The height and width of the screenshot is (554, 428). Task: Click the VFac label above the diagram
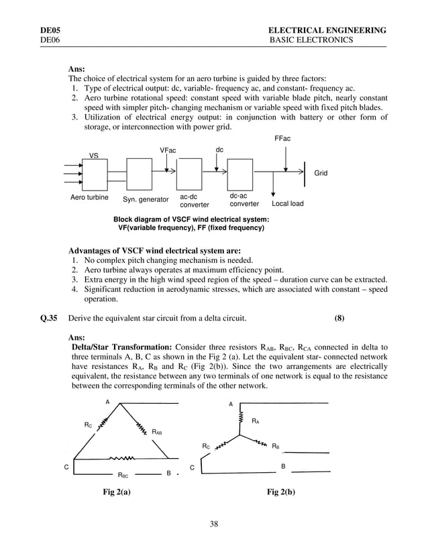click(168, 150)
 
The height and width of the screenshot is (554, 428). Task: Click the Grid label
click(321, 173)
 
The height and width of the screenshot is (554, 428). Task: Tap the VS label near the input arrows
click(94, 156)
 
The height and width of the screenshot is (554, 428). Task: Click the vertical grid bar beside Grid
click(306, 171)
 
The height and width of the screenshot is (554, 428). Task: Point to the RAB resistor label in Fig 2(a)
click(156, 433)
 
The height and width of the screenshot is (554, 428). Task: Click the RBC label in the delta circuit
click(123, 475)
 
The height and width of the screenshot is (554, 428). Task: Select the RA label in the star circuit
click(255, 421)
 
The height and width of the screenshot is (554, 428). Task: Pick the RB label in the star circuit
click(275, 445)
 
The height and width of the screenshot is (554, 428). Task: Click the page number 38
click(214, 524)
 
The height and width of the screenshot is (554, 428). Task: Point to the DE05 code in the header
click(50, 31)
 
